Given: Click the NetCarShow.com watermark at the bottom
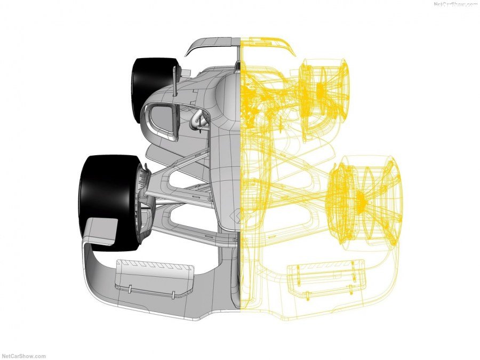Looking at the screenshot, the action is (23, 356).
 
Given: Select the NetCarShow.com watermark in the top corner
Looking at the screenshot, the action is (457, 4).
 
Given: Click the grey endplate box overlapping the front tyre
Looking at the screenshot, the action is (100, 231).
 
